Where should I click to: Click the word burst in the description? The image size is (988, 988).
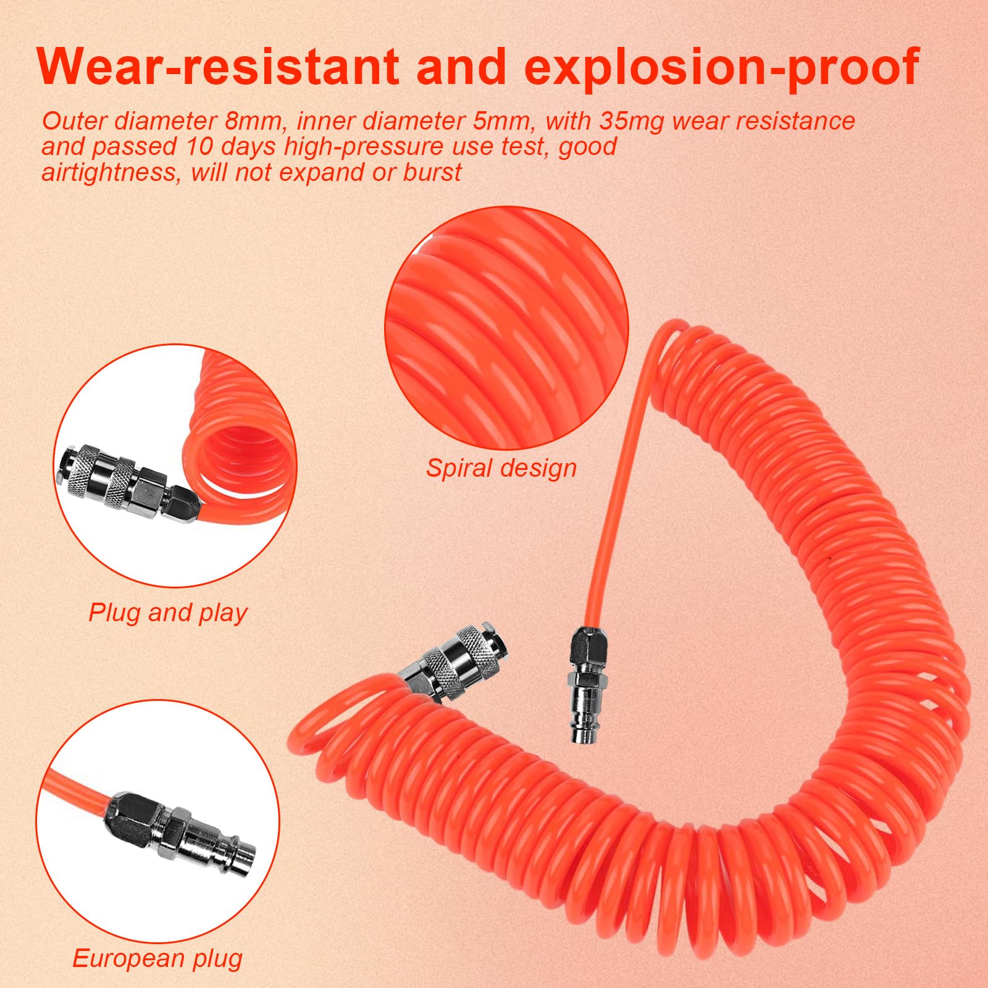point(432,173)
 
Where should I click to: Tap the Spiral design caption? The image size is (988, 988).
point(501,469)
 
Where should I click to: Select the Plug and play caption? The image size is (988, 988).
point(168,613)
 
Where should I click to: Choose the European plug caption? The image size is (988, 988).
point(157,959)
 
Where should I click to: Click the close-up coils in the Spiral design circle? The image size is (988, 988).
point(506,327)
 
